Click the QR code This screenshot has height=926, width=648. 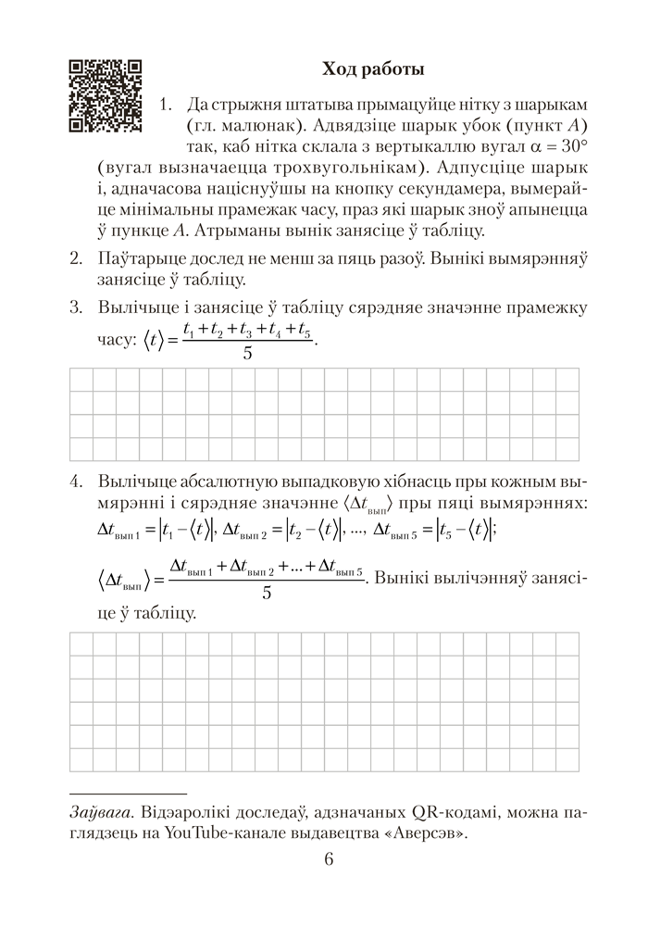106,95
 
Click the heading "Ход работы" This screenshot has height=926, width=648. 373,69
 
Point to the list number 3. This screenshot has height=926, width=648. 77,306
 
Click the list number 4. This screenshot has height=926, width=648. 77,482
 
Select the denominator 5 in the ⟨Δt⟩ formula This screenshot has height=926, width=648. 266,593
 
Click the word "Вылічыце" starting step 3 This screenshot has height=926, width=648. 133,306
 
